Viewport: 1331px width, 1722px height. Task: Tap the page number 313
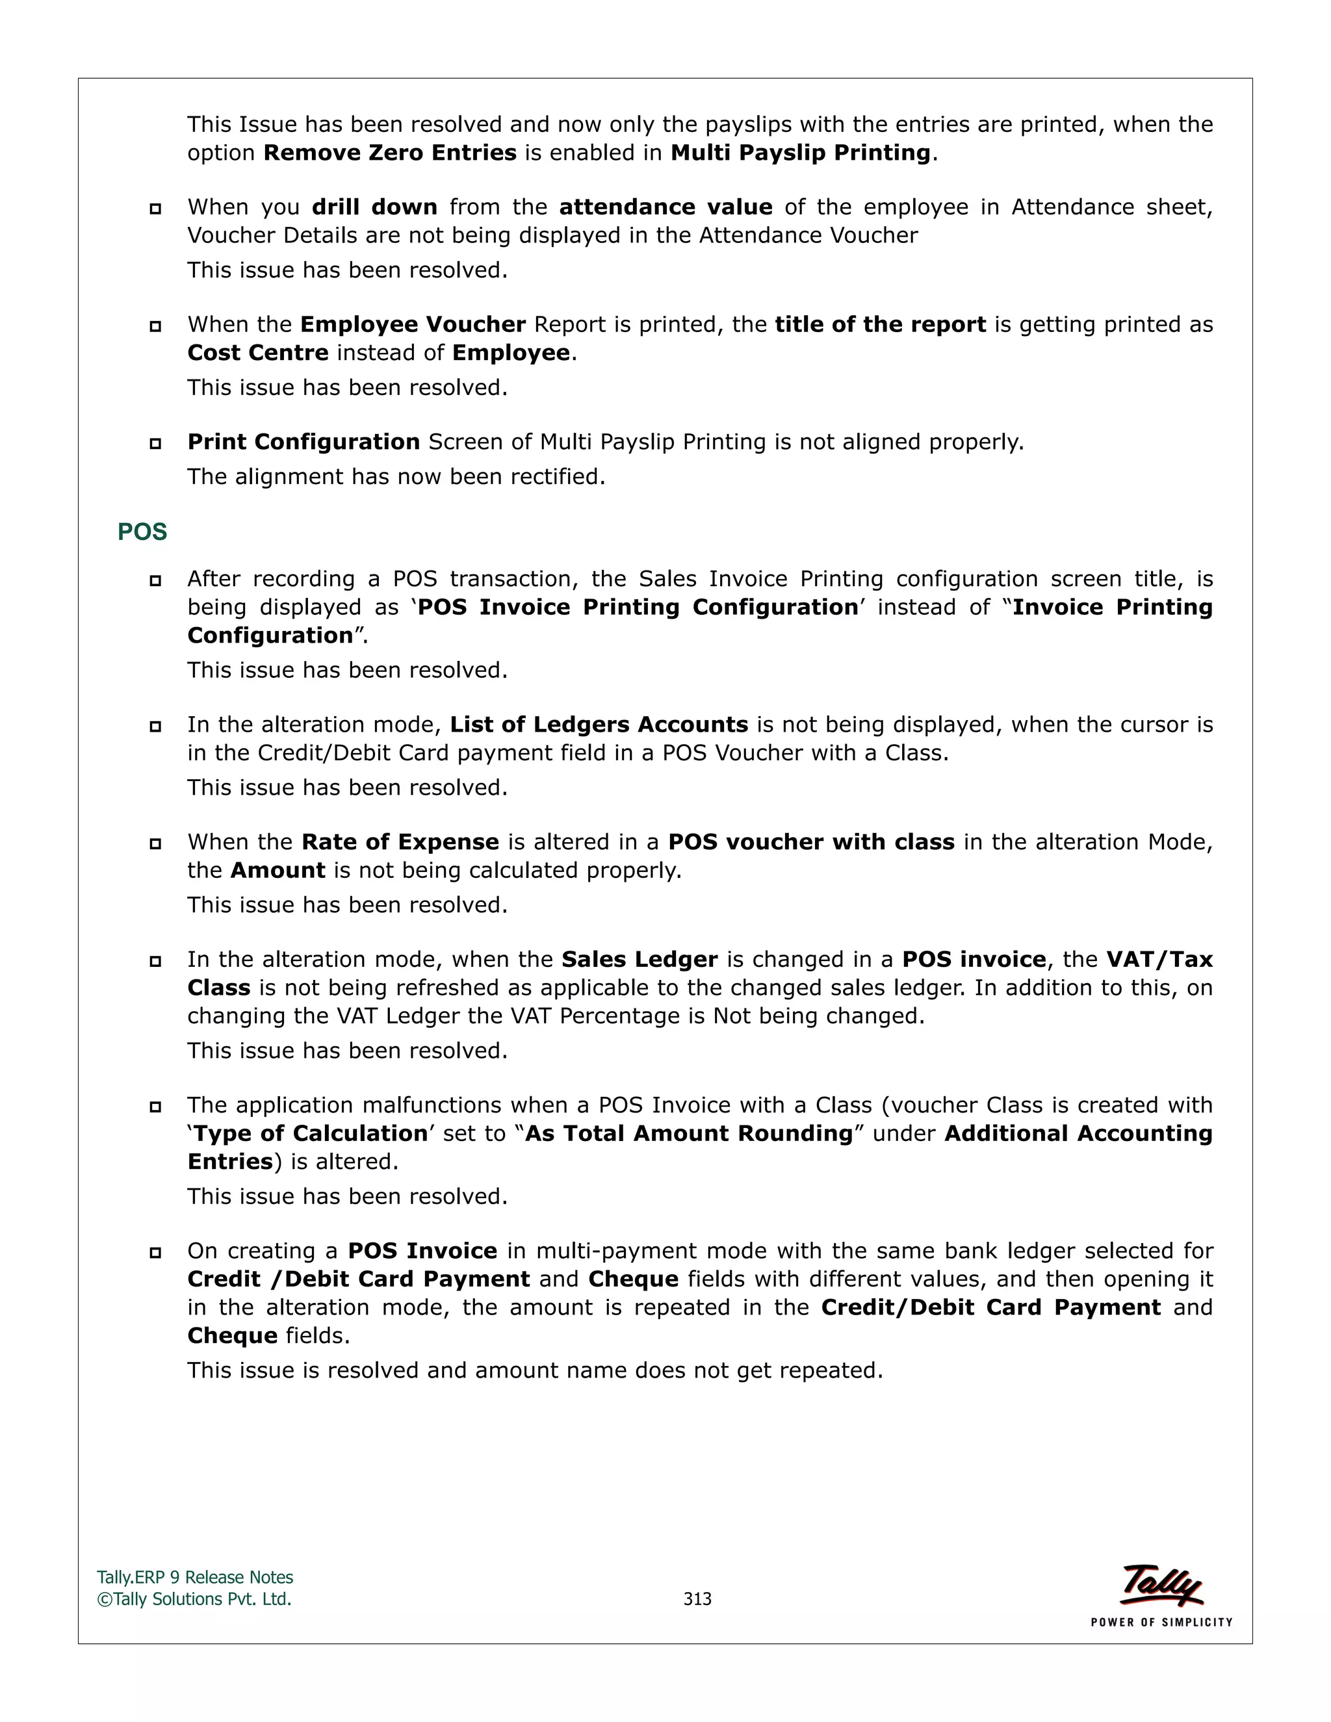click(697, 1599)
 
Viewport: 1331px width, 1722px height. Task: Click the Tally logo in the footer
click(1161, 1585)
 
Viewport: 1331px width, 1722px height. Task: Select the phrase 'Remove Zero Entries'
click(389, 153)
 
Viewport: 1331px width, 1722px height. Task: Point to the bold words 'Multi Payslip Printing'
click(800, 153)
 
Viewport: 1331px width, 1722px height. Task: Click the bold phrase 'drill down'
click(374, 207)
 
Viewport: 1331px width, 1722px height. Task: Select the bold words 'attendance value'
click(665, 207)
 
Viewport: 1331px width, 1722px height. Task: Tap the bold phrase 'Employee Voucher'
click(413, 325)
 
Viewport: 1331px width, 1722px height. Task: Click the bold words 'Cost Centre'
click(258, 352)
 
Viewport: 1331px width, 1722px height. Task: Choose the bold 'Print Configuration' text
click(304, 443)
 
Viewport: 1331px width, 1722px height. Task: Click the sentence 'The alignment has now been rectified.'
click(396, 477)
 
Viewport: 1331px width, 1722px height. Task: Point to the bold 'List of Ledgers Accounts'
click(599, 725)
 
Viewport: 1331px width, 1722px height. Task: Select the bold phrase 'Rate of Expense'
click(400, 842)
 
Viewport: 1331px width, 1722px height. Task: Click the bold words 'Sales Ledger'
click(640, 960)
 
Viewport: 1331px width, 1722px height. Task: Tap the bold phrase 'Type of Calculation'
click(311, 1134)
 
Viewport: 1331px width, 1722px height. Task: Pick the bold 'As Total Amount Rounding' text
click(689, 1134)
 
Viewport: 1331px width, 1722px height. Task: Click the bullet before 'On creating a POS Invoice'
click(155, 1252)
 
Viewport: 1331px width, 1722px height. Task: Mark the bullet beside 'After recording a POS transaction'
click(155, 580)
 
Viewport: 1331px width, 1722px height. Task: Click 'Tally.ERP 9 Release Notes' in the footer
click(195, 1578)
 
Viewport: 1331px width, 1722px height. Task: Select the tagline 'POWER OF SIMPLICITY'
click(1161, 1622)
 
